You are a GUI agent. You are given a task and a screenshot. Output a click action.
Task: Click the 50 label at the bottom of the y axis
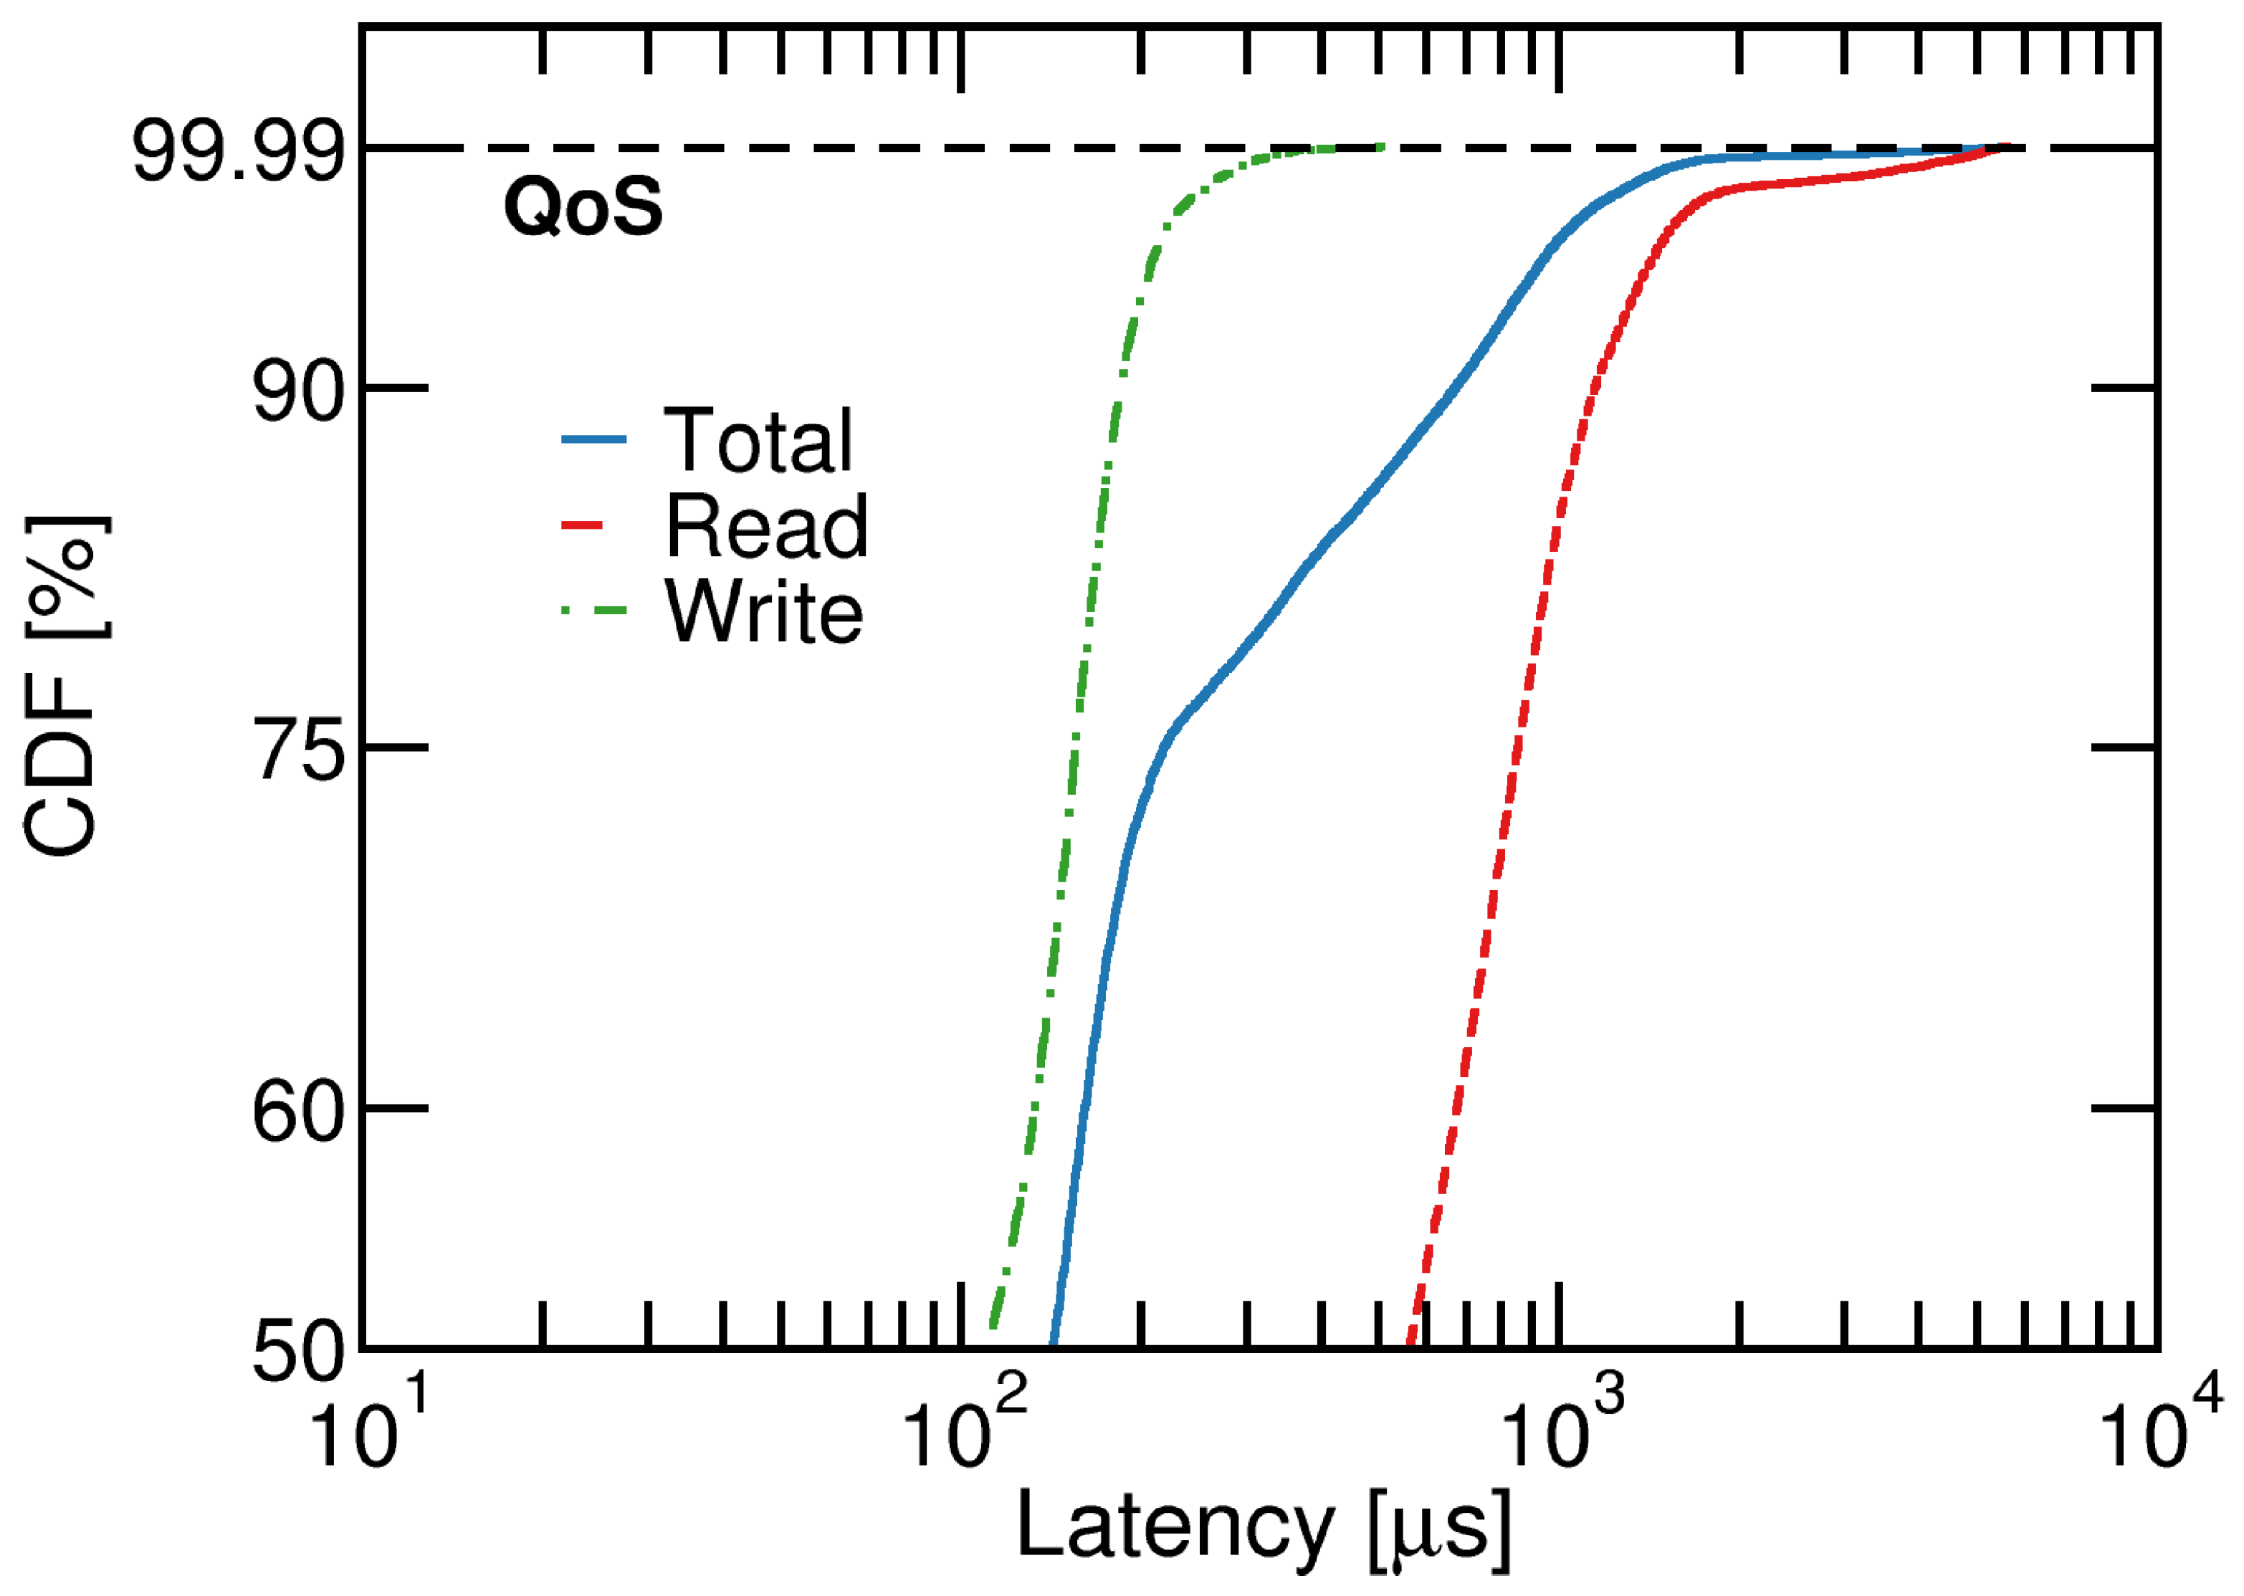pyautogui.click(x=298, y=1354)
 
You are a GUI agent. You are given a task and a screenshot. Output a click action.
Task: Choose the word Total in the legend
pyautogui.click(x=758, y=441)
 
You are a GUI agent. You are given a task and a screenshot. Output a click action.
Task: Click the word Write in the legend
pyautogui.click(x=764, y=612)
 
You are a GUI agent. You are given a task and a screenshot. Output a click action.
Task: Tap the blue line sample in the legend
pyautogui.click(x=593, y=439)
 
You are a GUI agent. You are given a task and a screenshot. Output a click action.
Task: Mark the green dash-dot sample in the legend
pyautogui.click(x=593, y=611)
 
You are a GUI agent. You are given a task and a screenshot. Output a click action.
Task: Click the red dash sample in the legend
pyautogui.click(x=581, y=526)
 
